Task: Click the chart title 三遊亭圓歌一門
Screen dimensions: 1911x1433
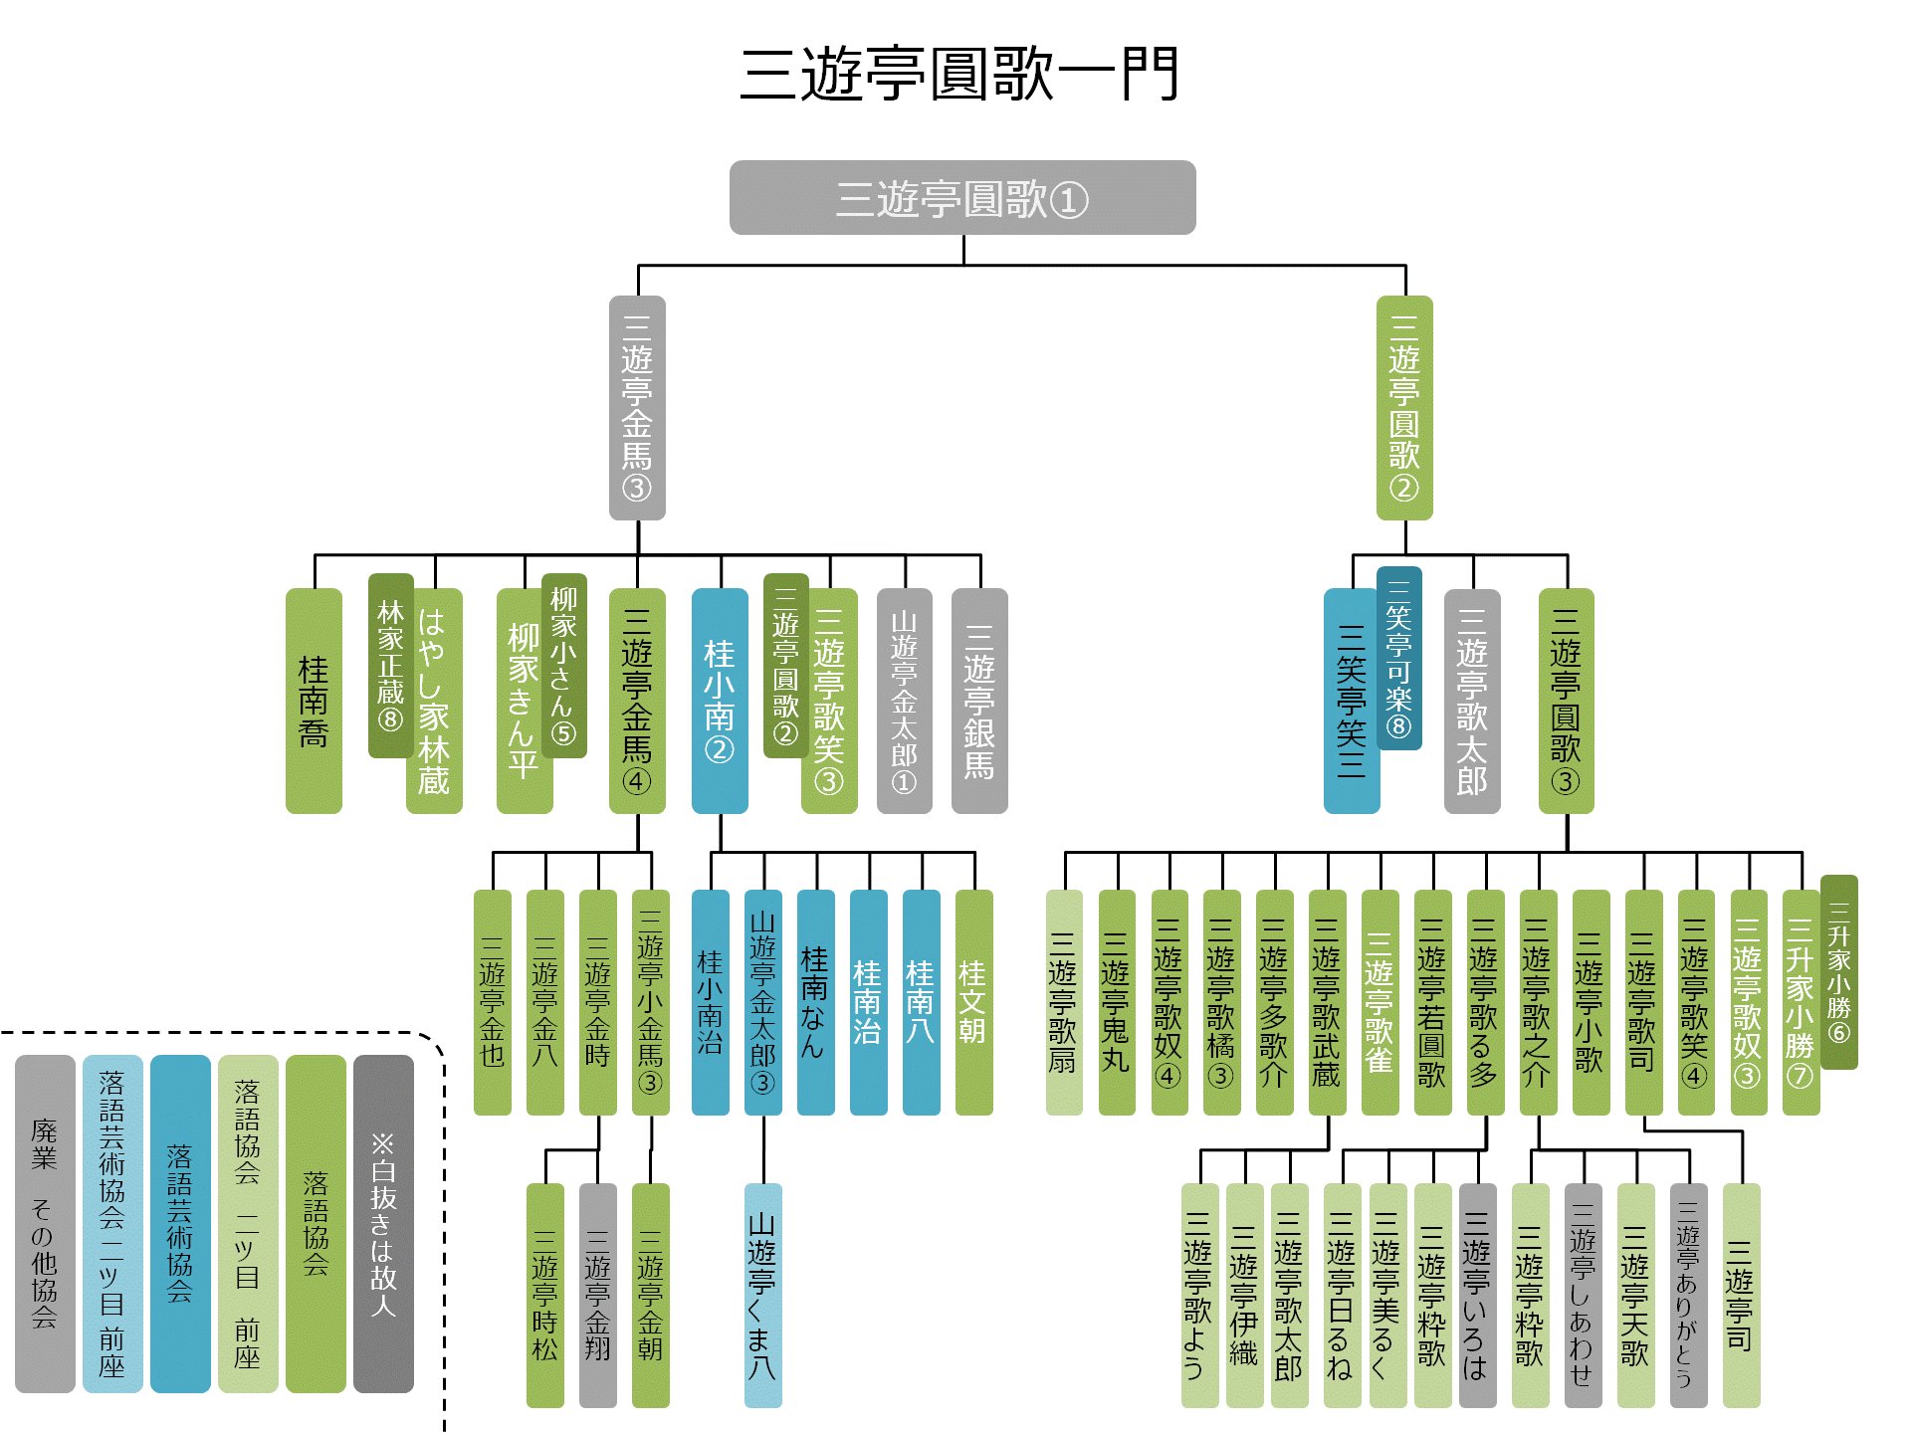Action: (959, 74)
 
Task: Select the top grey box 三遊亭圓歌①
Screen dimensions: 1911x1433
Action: (962, 198)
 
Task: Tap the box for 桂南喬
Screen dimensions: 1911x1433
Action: (314, 701)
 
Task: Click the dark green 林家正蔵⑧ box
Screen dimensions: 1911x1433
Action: (390, 666)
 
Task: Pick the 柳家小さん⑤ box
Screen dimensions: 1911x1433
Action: (564, 666)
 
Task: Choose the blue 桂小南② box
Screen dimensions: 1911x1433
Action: (720, 701)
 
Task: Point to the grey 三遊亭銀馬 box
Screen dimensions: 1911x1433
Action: (979, 701)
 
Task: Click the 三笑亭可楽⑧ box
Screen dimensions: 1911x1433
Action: (1399, 658)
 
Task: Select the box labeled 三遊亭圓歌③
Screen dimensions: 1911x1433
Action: (1567, 701)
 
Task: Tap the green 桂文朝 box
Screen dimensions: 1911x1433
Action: (973, 1002)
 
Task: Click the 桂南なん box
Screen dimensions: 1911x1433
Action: (815, 1002)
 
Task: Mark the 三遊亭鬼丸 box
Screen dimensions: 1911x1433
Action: (1117, 1002)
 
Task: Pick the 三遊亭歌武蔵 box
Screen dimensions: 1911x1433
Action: (1328, 1002)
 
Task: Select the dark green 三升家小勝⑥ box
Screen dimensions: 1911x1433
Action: (1839, 972)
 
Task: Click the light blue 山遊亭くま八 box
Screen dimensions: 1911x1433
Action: (763, 1296)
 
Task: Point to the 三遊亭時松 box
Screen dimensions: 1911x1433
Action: (544, 1296)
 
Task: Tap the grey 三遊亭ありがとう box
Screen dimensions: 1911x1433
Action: (1688, 1296)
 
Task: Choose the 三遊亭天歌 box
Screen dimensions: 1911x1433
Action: (1635, 1296)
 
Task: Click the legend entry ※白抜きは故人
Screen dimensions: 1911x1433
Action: (383, 1224)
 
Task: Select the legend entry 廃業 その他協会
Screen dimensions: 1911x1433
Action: (45, 1224)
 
